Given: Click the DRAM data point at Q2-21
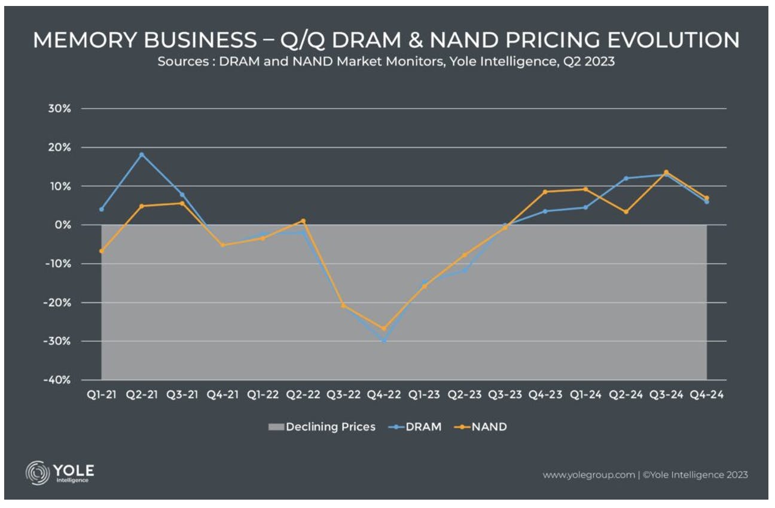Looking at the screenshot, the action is click(x=142, y=155).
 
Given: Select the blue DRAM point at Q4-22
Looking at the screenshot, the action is click(x=384, y=341).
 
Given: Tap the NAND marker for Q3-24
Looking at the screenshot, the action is click(x=666, y=172).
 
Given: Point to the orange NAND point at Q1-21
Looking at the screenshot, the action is click(x=102, y=251).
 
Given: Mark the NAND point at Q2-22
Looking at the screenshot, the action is click(x=303, y=221).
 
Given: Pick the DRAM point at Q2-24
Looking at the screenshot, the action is click(x=626, y=179).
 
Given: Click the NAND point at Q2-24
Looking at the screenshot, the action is click(x=626, y=212).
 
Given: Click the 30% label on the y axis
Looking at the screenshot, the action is click(x=59, y=109).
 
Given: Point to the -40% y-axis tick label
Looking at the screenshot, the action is click(x=57, y=380).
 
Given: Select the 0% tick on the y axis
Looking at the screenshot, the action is click(x=63, y=225).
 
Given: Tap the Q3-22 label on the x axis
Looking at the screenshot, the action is click(x=343, y=394).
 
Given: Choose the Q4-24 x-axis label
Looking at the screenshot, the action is click(x=706, y=394).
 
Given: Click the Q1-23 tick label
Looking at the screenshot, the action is click(x=424, y=394).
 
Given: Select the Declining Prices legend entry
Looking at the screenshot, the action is click(x=322, y=427).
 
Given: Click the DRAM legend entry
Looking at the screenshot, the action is click(x=415, y=427).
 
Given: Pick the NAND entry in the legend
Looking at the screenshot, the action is click(x=481, y=427).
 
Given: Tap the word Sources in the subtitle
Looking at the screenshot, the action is click(x=183, y=62).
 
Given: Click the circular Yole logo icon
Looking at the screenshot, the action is click(x=37, y=473).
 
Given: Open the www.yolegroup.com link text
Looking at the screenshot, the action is click(x=588, y=475).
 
